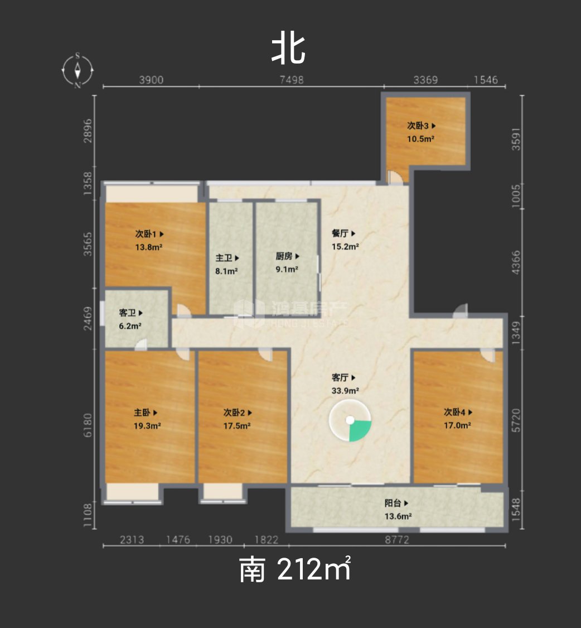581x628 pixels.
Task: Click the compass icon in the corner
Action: coord(78,70)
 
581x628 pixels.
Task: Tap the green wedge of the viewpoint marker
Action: coord(359,430)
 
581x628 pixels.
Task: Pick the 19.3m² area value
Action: coord(147,426)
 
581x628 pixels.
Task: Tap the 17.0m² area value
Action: coord(457,425)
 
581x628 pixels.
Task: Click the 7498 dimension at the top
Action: coord(291,80)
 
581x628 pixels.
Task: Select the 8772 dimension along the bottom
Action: coord(397,539)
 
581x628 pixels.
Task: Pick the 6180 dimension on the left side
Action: coord(88,425)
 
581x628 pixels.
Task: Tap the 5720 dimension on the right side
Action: coord(516,420)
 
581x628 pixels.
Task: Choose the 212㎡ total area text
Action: coord(314,569)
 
